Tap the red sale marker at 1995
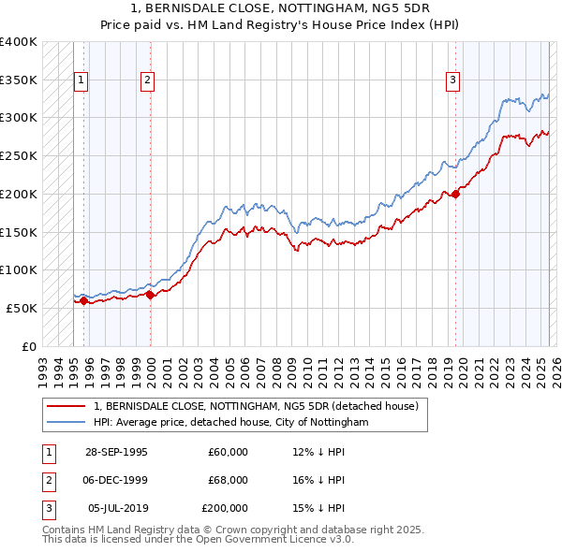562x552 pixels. tap(83, 300)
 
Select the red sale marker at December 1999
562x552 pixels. tap(150, 295)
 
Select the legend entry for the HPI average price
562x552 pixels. tap(232, 423)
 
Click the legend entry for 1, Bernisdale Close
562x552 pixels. tap(261, 406)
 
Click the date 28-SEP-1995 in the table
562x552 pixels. tap(116, 452)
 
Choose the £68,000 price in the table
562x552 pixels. tap(228, 480)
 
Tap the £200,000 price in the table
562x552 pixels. tap(225, 508)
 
